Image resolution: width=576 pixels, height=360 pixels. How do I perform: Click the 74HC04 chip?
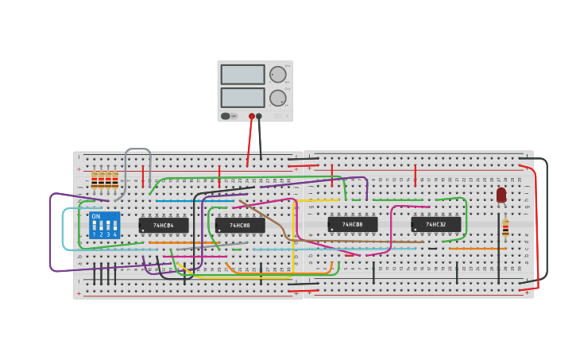(164, 225)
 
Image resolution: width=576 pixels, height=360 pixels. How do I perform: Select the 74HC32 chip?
(435, 225)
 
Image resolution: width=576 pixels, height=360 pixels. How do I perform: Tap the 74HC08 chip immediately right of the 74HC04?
(240, 226)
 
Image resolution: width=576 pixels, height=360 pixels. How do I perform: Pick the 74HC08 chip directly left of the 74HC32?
(352, 225)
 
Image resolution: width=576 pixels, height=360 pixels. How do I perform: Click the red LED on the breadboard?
(501, 195)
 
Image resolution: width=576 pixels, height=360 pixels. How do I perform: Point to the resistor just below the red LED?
(505, 228)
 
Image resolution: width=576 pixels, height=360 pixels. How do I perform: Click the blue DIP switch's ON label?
(96, 216)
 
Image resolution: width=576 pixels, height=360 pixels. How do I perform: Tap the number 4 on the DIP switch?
(115, 234)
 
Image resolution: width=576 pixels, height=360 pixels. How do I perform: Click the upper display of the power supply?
(242, 75)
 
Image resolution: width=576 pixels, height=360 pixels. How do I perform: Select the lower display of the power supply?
(242, 98)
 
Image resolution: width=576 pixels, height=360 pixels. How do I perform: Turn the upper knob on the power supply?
(277, 75)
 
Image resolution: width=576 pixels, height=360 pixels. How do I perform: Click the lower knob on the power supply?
(277, 98)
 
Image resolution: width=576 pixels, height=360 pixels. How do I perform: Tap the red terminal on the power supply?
(252, 116)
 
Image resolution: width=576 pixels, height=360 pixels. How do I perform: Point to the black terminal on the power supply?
(259, 116)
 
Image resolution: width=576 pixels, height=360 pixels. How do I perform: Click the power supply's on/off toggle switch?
(226, 116)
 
